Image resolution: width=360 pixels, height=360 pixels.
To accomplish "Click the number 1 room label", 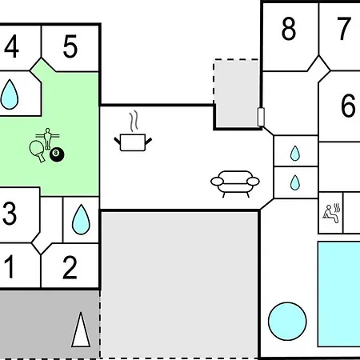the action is tap(10, 266).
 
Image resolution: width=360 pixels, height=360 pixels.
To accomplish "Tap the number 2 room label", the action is tap(70, 267).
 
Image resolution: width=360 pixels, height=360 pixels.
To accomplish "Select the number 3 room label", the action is tap(10, 213).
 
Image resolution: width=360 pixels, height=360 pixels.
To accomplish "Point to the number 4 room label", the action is tap(11, 46).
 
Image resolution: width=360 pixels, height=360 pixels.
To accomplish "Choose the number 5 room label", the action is tap(70, 46).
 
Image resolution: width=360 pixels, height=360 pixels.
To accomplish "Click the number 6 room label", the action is tap(348, 106).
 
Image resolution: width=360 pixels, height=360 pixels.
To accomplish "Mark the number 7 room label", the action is tap(344, 28).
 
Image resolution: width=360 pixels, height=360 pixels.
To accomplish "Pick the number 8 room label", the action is tap(289, 29).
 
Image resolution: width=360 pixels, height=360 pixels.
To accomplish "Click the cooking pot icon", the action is tap(133, 142).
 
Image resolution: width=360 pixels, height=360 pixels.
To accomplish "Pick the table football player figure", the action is tap(47, 138).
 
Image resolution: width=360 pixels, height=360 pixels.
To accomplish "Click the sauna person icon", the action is tap(332, 213).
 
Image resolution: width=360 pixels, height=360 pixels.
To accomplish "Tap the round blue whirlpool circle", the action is tap(287, 322).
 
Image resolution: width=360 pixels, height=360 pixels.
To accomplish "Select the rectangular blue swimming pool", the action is tap(339, 294).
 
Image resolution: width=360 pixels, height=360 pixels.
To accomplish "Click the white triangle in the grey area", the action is tap(81, 330).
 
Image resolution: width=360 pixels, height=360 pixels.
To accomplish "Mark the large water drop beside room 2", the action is tap(81, 219).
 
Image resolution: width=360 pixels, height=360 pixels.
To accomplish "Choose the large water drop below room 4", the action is tap(10, 94).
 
